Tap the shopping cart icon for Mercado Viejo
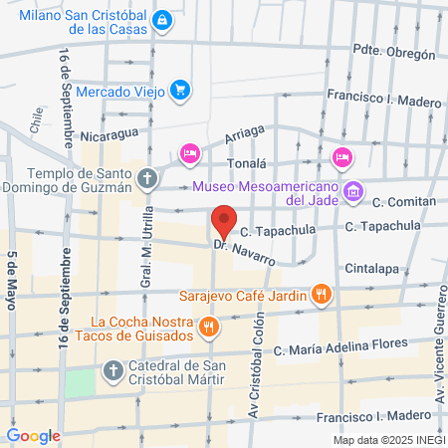[179, 91]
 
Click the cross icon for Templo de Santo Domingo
[147, 178]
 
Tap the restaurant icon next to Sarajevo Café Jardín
[320, 294]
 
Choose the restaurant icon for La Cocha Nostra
[207, 326]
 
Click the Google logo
[33, 435]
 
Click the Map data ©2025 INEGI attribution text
[388, 439]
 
